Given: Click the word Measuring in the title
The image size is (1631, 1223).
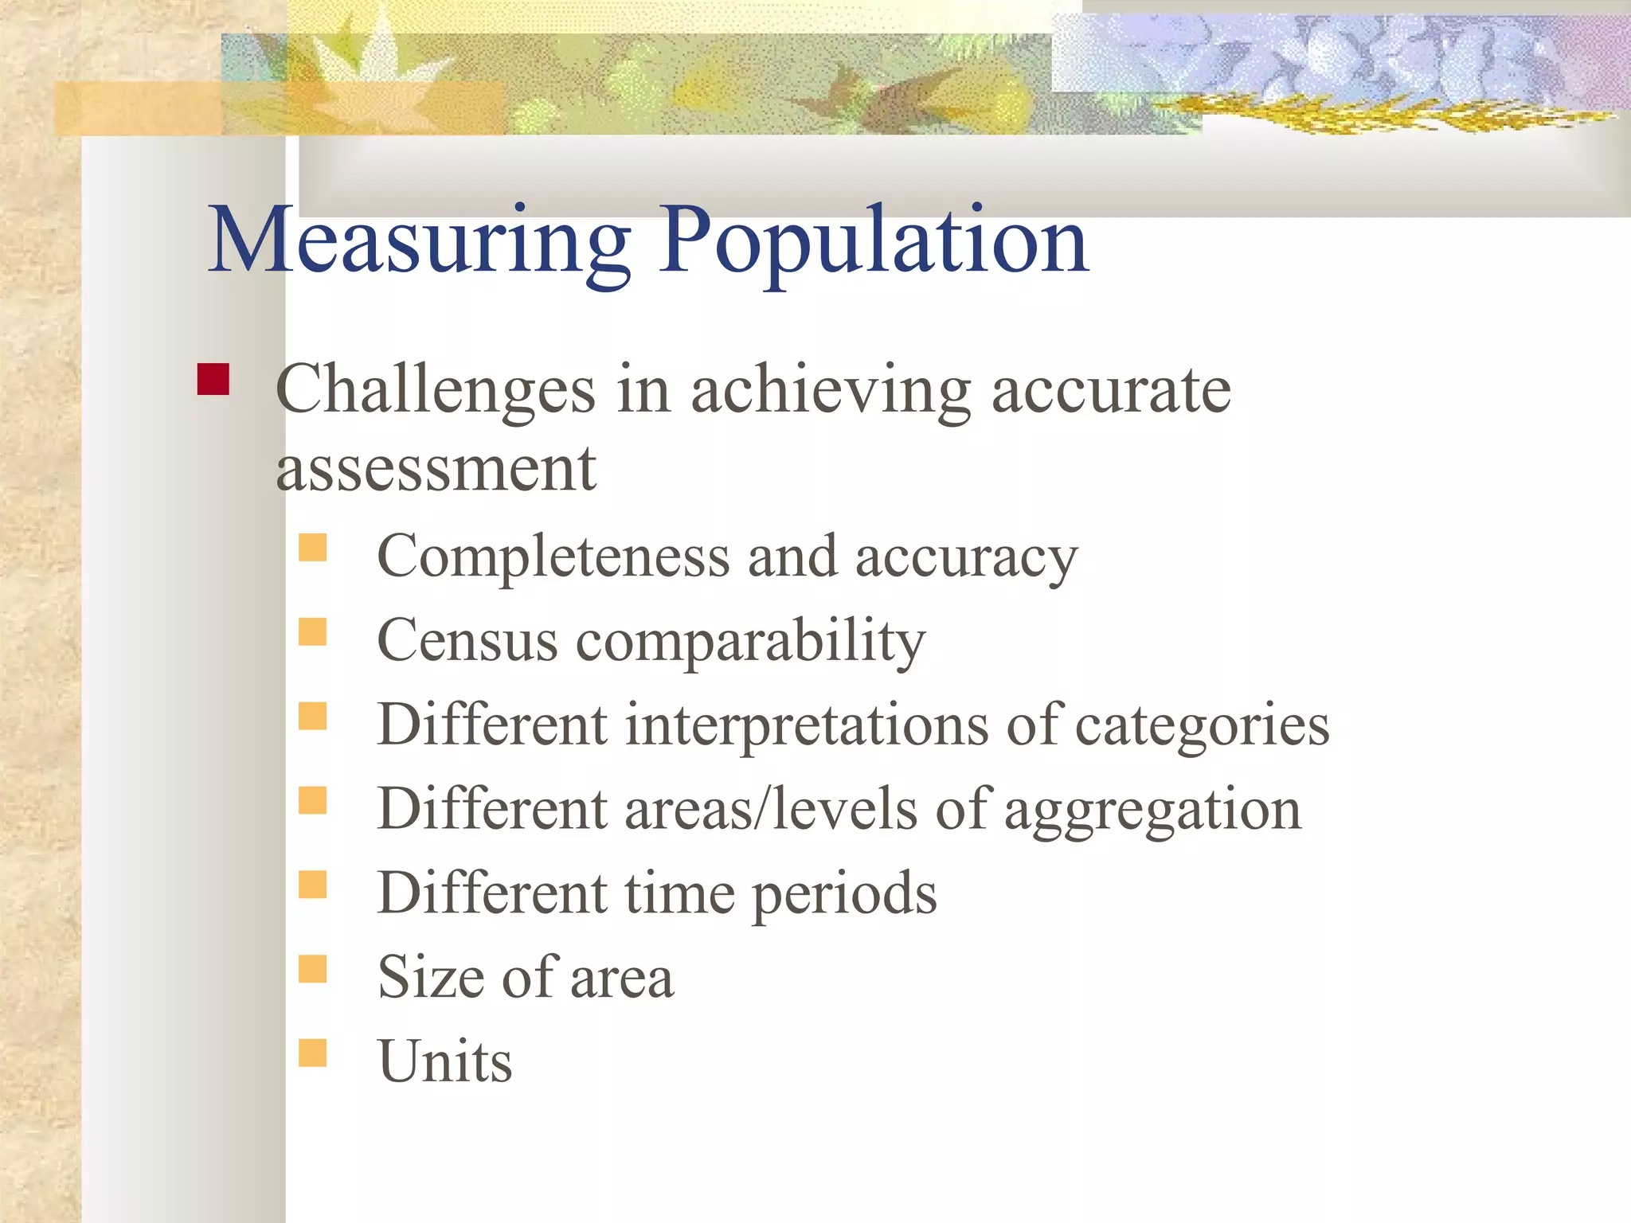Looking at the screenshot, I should pos(419,240).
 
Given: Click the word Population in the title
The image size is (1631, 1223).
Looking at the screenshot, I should pos(873,240).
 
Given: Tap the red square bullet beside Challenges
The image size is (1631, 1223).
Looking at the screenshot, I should pos(213,379).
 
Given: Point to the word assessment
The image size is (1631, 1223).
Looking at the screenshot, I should pos(436,470).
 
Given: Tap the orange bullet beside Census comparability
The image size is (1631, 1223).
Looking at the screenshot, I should pos(313,631).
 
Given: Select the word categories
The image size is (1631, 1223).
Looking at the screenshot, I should pos(1203,726).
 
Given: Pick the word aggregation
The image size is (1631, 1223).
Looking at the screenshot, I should pos(1152,811).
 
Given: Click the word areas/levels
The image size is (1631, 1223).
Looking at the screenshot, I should pos(771,809).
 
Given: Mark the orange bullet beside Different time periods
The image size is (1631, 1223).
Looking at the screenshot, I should pos(313,884).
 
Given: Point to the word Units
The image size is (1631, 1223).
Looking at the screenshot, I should pos(444,1061).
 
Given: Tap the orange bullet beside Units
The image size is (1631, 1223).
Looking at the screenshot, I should pos(313,1053).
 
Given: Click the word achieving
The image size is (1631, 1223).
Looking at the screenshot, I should pos(831,390).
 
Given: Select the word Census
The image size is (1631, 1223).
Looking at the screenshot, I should pos(467,640).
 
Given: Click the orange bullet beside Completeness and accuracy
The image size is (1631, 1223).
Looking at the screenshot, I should pos(313,548).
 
